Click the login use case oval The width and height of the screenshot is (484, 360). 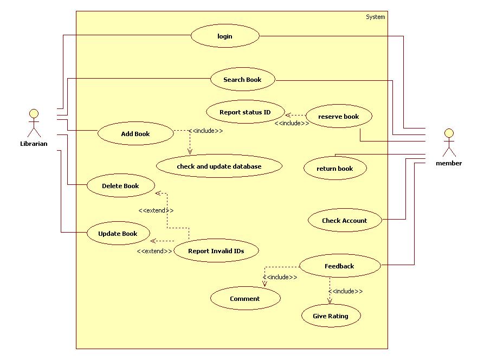(225, 36)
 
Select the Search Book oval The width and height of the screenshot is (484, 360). (243, 80)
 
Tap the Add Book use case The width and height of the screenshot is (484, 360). (135, 134)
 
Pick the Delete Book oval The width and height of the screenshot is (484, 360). (120, 186)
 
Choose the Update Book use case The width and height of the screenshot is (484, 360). (118, 234)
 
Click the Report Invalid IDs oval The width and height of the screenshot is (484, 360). (216, 251)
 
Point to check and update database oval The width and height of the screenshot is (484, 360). (219, 166)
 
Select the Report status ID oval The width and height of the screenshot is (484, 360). (245, 112)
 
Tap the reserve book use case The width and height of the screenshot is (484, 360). (339, 117)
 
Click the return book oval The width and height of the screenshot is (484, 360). (335, 169)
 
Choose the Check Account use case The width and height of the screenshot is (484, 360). (345, 221)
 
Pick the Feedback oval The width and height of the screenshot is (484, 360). (339, 266)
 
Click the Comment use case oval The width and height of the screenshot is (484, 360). (245, 299)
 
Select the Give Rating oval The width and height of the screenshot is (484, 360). (331, 316)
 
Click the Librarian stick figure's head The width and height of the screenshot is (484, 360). (34, 114)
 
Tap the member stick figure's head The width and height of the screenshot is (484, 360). (448, 133)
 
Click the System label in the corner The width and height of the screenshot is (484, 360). (375, 17)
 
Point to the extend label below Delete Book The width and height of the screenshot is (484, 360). (156, 210)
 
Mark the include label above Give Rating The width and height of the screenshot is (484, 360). (345, 291)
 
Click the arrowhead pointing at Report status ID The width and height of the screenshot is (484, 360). (288, 115)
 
